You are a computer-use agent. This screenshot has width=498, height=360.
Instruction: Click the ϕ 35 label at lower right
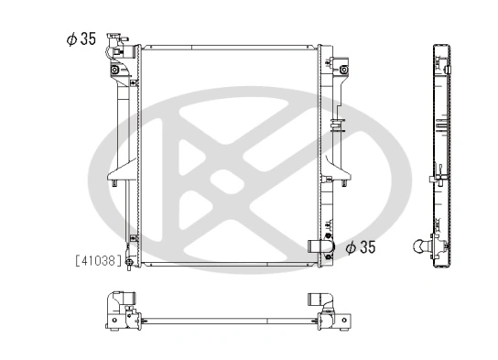point(362,246)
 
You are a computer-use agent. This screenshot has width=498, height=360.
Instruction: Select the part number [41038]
point(98,261)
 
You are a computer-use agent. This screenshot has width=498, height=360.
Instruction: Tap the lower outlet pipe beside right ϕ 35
point(320,246)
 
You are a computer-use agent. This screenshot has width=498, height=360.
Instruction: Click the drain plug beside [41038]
point(129,263)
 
